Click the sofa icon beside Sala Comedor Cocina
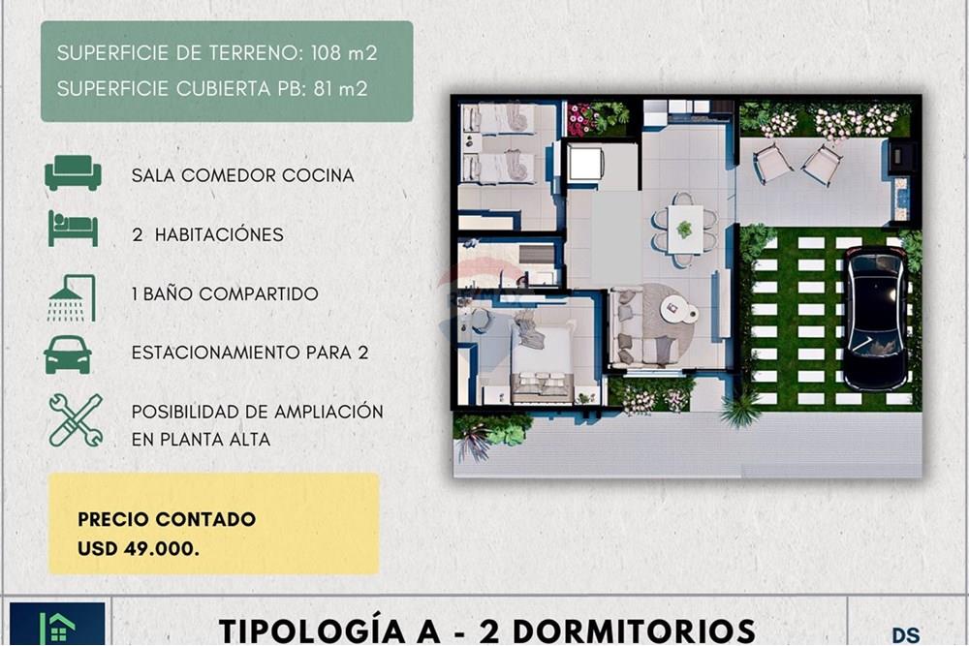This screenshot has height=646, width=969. pyautogui.click(x=73, y=172)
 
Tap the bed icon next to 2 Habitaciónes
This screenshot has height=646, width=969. pyautogui.click(x=73, y=229)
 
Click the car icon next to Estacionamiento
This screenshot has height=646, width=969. pyautogui.click(x=68, y=354)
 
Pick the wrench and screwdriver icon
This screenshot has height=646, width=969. pyautogui.click(x=76, y=420)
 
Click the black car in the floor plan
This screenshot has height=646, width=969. pyautogui.click(x=876, y=318)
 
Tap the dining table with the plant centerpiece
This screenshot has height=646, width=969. pyautogui.click(x=685, y=230)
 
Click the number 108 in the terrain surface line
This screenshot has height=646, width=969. pyautogui.click(x=326, y=53)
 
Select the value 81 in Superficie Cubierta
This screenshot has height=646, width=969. pyautogui.click(x=324, y=89)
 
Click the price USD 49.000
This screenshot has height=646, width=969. pyautogui.click(x=139, y=548)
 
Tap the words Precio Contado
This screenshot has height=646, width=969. pyautogui.click(x=167, y=519)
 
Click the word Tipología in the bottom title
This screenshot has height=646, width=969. pyautogui.click(x=330, y=631)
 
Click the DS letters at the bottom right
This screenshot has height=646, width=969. pyautogui.click(x=906, y=635)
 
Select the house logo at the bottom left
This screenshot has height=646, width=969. pyautogui.click(x=57, y=625)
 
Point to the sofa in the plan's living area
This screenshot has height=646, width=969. pyautogui.click(x=637, y=327)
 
